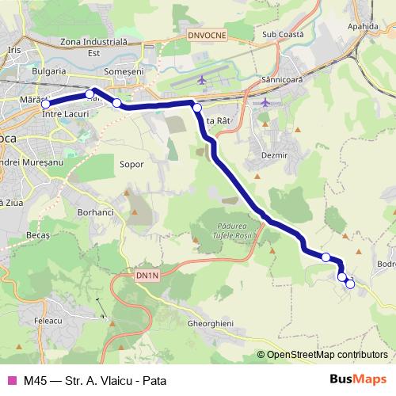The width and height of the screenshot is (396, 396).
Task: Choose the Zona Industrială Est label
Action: (x=93, y=47)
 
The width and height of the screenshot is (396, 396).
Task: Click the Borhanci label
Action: (x=97, y=212)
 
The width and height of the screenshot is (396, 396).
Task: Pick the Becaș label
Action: (x=37, y=236)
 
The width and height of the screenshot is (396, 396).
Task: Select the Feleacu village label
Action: (x=48, y=320)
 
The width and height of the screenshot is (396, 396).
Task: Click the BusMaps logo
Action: (x=358, y=379)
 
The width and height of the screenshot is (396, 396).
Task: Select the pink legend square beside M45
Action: (x=11, y=380)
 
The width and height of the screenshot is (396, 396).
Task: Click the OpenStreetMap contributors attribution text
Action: (x=322, y=355)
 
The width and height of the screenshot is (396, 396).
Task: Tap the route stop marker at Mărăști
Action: (x=46, y=104)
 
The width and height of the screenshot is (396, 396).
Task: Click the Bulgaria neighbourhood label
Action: (x=49, y=70)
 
